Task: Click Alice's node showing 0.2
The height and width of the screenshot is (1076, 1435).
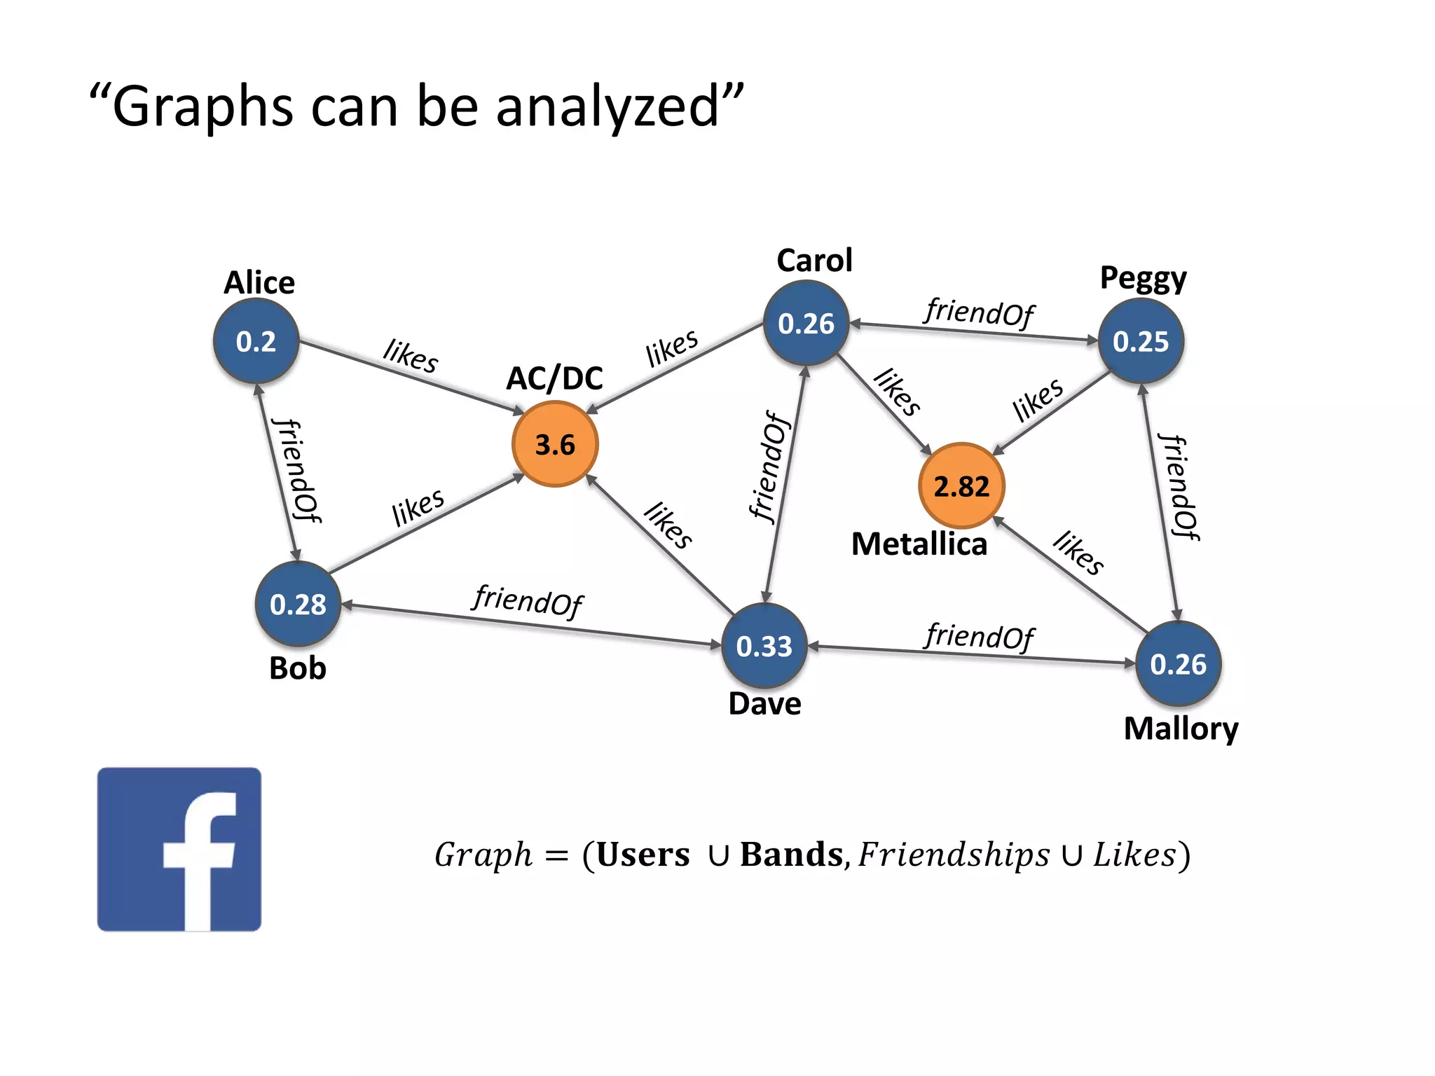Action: point(256,341)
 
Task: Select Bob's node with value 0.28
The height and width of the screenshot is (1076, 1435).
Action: point(298,604)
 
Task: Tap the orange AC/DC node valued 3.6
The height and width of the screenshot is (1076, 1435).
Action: point(555,444)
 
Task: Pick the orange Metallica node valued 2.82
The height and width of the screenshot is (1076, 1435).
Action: point(961,485)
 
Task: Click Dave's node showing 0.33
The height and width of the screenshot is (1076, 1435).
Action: point(764,645)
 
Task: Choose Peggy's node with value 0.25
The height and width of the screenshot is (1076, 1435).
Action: point(1141,341)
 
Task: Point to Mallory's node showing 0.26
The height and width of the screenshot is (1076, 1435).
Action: point(1179,663)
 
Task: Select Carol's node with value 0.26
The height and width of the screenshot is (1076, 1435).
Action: point(806,323)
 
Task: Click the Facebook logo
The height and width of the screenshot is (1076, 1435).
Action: point(179,849)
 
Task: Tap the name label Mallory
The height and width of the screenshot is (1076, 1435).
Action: point(1181,729)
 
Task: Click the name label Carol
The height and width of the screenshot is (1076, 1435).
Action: point(814,261)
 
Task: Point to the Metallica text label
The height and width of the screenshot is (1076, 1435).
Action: point(919,544)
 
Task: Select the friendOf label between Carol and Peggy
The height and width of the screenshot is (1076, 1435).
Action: point(979,312)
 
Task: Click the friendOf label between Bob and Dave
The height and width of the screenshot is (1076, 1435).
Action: point(528,600)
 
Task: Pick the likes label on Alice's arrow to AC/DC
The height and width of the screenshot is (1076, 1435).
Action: point(411,356)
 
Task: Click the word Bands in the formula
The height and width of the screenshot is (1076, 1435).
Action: point(791,854)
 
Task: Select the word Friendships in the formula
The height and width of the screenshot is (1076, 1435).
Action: point(954,854)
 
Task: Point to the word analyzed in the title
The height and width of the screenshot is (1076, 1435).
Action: point(607,107)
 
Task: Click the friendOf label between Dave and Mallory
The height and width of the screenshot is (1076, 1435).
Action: point(979,636)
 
